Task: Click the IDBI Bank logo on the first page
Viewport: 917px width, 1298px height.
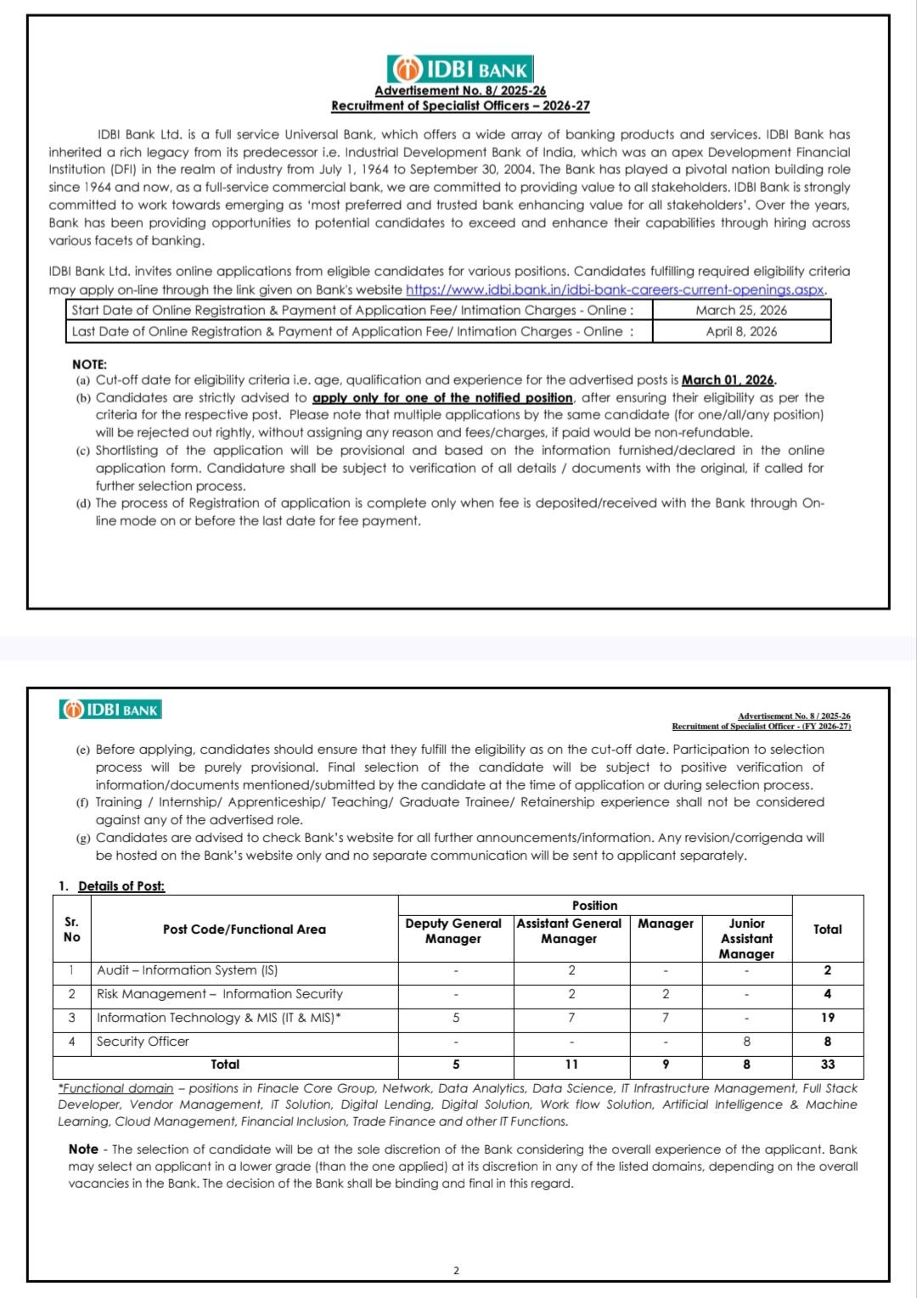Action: click(x=460, y=70)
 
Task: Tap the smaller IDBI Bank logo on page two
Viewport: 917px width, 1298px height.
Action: click(x=110, y=710)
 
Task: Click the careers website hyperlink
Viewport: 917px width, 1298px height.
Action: click(x=616, y=289)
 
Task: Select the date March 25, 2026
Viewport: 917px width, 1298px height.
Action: click(x=740, y=311)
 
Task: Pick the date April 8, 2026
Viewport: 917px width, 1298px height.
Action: click(x=740, y=332)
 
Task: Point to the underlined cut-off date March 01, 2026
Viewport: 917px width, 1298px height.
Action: click(x=729, y=380)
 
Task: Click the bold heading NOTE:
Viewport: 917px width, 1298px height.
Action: click(x=89, y=364)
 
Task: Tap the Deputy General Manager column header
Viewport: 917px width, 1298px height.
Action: click(x=453, y=930)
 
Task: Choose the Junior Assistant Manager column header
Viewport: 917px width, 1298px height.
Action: click(x=746, y=938)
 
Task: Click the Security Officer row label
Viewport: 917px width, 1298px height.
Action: click(x=143, y=1042)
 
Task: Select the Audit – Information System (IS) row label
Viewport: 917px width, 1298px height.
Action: click(x=187, y=970)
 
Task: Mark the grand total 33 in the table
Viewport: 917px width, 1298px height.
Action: click(x=827, y=1065)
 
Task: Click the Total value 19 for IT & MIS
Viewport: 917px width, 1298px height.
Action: click(x=827, y=1018)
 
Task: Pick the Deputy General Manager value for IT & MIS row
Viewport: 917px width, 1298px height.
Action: click(x=456, y=1018)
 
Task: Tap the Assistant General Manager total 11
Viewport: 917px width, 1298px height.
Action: click(x=571, y=1065)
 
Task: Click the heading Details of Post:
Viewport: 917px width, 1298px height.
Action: click(x=121, y=886)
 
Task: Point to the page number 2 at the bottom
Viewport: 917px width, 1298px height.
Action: click(x=456, y=1271)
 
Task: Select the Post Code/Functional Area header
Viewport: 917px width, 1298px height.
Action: click(x=244, y=930)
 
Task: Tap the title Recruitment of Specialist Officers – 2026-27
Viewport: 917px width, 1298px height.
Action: click(x=460, y=106)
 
